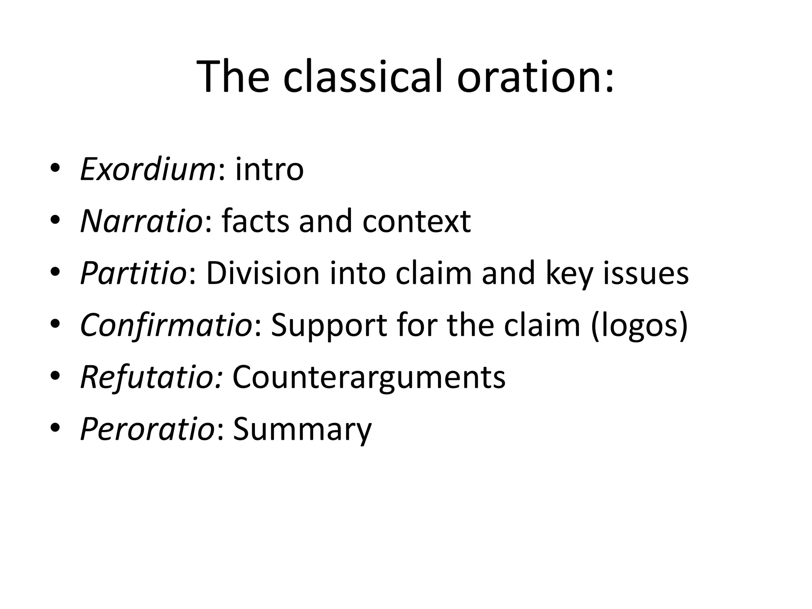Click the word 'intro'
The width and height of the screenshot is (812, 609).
pyautogui.click(x=270, y=170)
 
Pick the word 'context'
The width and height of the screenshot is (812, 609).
pyautogui.click(x=416, y=221)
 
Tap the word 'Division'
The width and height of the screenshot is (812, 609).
pyautogui.click(x=263, y=273)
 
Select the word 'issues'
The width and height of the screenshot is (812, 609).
pyautogui.click(x=646, y=273)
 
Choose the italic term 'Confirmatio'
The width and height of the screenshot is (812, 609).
pyautogui.click(x=166, y=325)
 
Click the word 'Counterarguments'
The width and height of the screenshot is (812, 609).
pyautogui.click(x=369, y=377)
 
